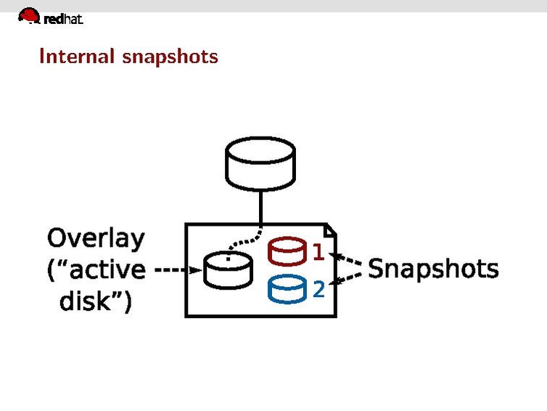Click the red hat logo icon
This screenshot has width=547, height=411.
29,15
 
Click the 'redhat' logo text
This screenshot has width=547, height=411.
64,20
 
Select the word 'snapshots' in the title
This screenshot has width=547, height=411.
170,57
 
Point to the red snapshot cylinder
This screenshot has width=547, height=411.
287,252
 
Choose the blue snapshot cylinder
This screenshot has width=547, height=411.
287,290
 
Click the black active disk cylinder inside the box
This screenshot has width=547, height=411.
228,269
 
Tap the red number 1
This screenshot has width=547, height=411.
318,253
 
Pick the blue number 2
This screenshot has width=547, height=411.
318,289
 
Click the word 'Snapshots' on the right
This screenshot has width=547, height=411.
433,269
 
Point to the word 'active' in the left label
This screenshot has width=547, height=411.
106,269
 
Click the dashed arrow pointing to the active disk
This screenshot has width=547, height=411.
178,269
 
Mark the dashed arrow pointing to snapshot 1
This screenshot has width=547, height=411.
346,260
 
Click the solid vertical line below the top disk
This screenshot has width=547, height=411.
260,206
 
